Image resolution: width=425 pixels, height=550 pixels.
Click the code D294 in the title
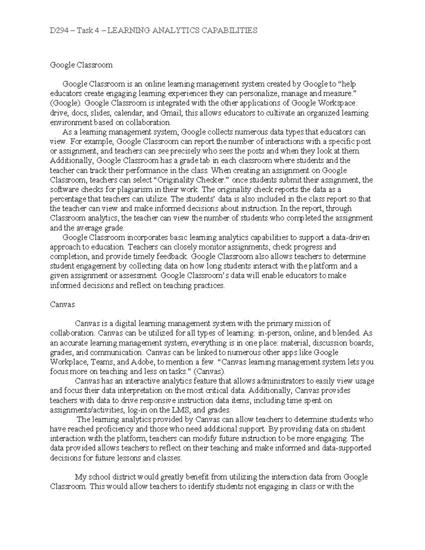pos(58,30)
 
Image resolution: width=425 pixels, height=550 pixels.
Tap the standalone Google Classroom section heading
pos(81,65)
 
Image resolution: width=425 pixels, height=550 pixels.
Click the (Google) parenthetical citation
pos(66,103)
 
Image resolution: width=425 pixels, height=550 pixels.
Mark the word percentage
pos(68,199)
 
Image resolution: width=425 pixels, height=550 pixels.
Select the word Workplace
pos(69,362)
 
